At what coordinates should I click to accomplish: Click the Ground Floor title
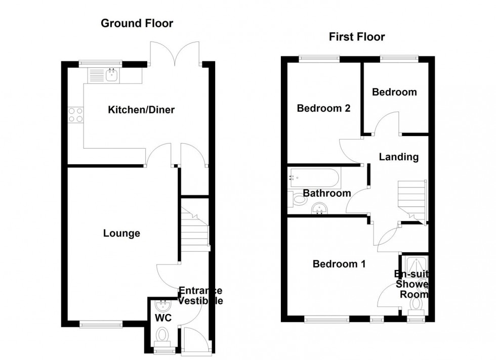[137, 23]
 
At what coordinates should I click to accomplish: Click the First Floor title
[357, 36]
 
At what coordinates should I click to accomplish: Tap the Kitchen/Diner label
[141, 110]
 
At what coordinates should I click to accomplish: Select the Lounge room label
[121, 233]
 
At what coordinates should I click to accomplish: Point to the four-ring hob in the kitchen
[75, 115]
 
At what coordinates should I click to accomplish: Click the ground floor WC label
[163, 318]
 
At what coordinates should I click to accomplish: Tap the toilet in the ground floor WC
[163, 335]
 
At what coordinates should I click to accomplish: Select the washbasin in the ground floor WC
[163, 305]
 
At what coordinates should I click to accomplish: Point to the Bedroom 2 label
[323, 108]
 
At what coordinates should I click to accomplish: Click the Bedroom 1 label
[339, 264]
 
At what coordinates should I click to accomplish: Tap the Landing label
[399, 157]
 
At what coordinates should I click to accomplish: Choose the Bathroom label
[327, 193]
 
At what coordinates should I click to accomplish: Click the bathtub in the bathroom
[314, 178]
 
